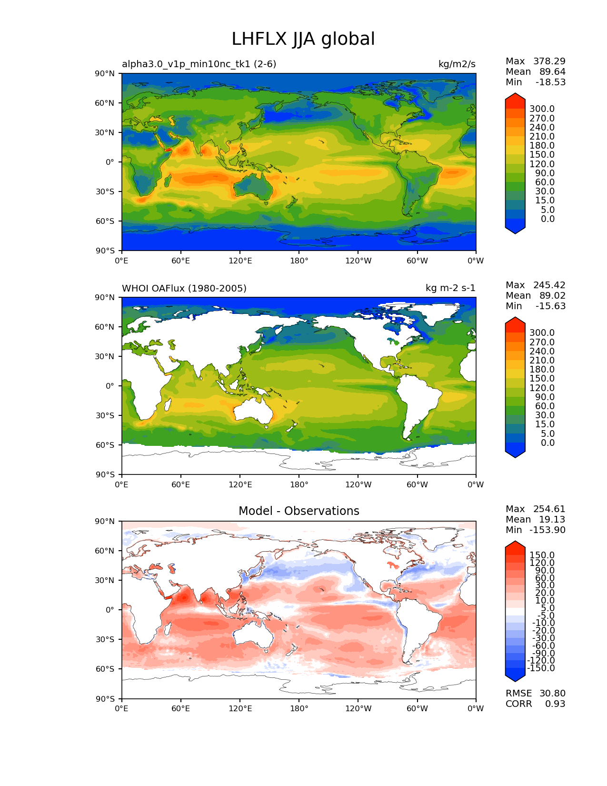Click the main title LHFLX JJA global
tap(303, 39)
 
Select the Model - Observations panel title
tap(299, 511)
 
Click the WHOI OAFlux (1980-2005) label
tap(184, 288)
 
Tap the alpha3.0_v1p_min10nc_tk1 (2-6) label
tap(199, 64)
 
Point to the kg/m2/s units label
tap(457, 64)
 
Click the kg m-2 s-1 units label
tap(450, 288)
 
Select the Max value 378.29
tap(549, 61)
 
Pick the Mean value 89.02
tap(552, 295)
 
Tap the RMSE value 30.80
tap(552, 693)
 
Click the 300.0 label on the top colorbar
tap(542, 109)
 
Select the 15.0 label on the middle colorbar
tap(545, 424)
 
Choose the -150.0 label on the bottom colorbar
tap(541, 668)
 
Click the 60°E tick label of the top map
tap(180, 261)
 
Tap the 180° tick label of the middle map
tap(299, 484)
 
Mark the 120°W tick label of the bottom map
tap(358, 708)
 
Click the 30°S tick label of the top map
tap(105, 191)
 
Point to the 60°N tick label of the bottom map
tap(105, 551)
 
